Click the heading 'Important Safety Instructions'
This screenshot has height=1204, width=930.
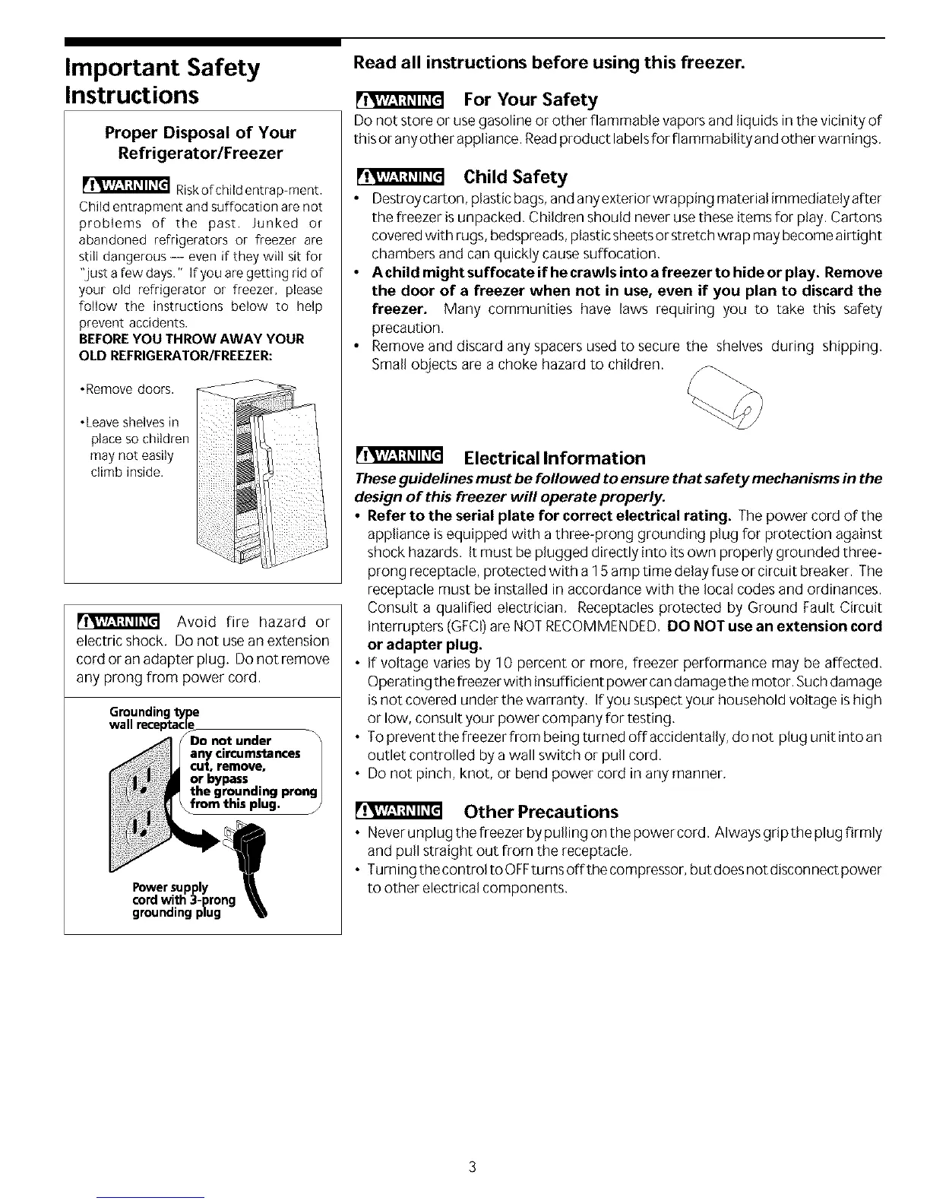[x=161, y=81]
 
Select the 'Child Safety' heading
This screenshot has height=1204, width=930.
[x=515, y=177]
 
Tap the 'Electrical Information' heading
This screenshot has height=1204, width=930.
[x=554, y=458]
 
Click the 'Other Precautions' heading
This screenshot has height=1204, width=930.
[x=541, y=811]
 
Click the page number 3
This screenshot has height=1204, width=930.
[x=472, y=1167]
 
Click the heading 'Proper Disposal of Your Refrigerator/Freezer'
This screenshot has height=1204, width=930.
[x=201, y=143]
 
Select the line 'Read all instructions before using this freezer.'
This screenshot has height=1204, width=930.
[x=548, y=62]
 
